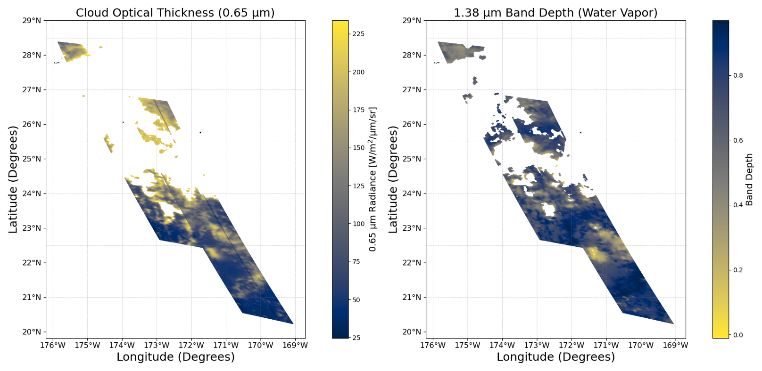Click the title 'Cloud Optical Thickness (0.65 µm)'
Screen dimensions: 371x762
point(175,13)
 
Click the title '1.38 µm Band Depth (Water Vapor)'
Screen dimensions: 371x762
point(555,13)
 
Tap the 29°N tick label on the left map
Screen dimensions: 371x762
point(32,21)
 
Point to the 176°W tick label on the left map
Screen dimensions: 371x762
point(53,345)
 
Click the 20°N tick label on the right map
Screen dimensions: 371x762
point(412,332)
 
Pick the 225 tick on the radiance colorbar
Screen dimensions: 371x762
point(358,34)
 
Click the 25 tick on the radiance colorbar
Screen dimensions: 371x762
point(356,338)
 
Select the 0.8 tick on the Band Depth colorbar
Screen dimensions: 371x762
point(737,75)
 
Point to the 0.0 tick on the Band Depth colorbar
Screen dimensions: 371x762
point(737,335)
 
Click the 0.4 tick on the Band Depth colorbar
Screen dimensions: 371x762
point(737,205)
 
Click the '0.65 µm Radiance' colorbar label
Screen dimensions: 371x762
point(373,179)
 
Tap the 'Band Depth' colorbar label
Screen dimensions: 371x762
point(749,179)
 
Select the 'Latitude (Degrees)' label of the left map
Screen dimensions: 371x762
point(13,179)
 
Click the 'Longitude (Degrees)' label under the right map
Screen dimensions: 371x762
point(555,357)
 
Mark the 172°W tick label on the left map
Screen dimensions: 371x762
point(191,345)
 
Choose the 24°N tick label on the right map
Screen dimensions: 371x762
point(412,194)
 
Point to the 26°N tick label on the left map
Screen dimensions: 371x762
point(32,124)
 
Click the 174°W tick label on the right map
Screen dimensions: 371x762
point(502,345)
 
